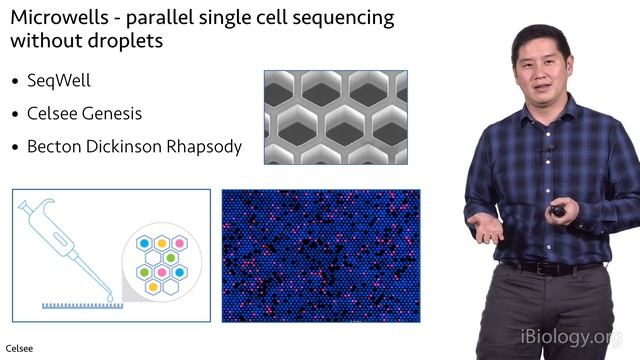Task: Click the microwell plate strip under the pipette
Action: (x=80, y=304)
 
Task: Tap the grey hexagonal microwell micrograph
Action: (x=335, y=117)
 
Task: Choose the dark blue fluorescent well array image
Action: (x=320, y=255)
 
